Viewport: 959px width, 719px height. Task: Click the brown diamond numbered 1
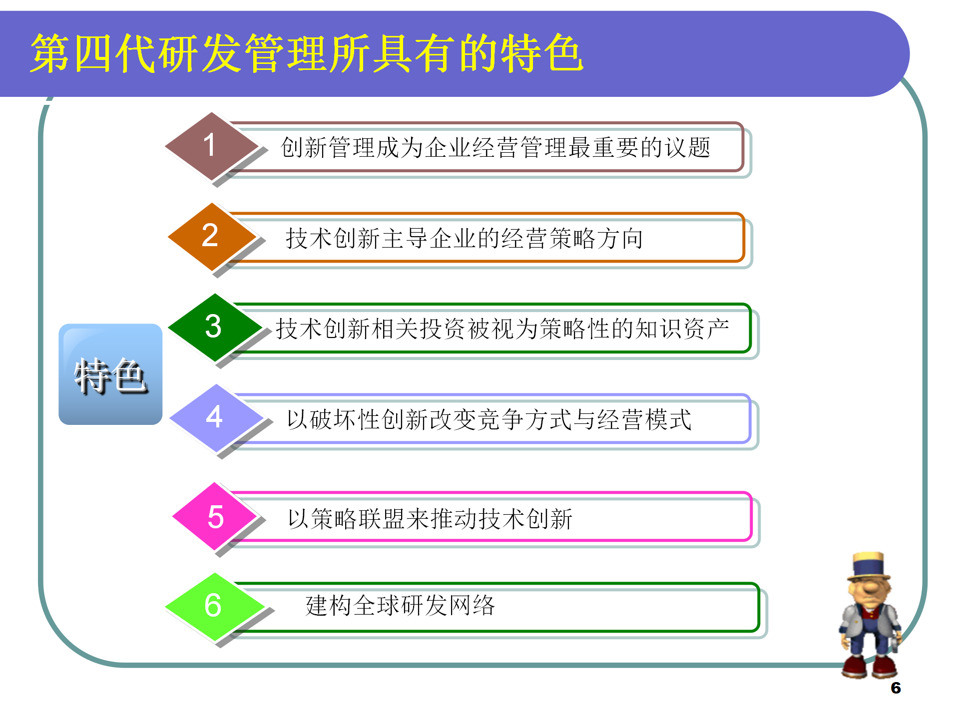211,146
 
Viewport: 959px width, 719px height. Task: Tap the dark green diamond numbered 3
214,327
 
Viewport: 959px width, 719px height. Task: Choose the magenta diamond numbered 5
216,516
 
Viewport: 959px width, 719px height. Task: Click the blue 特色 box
110,374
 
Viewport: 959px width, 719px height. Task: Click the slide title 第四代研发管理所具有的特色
306,53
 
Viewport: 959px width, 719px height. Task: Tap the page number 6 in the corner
896,688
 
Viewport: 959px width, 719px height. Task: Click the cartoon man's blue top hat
869,565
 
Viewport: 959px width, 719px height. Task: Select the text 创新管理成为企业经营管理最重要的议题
495,148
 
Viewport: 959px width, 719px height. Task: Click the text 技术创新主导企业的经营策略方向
464,238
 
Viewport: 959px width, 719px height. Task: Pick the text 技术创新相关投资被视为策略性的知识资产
502,329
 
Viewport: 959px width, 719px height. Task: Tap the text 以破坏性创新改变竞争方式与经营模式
489,419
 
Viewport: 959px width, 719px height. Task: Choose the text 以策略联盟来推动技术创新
430,519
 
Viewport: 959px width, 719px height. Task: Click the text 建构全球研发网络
400,606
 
